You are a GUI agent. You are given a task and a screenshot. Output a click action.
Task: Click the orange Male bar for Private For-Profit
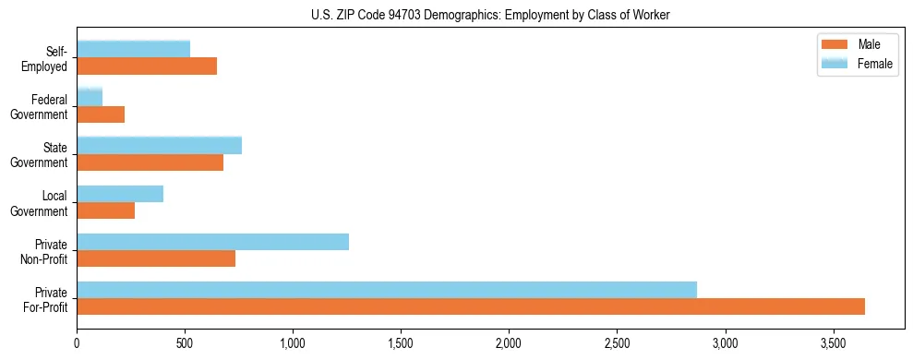coord(471,306)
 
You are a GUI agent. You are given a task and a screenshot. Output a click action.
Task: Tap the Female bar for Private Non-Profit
coord(212,242)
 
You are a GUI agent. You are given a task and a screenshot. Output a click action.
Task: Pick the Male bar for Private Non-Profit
coord(156,258)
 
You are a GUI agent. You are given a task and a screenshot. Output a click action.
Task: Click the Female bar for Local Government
coord(120,194)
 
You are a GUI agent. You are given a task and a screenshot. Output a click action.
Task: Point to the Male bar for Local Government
coord(105,210)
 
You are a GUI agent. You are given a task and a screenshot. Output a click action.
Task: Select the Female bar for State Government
coord(159,145)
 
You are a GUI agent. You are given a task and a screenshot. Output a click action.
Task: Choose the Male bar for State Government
coord(150,162)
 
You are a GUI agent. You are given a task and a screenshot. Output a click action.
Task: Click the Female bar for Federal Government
coord(90,97)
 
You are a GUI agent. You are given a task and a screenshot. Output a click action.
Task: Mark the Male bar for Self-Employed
coord(147,66)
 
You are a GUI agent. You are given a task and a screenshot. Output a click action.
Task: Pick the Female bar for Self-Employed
coord(133,49)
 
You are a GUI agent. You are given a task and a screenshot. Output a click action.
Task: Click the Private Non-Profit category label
coord(46,251)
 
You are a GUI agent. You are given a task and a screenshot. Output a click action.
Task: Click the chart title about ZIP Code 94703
coord(490,14)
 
